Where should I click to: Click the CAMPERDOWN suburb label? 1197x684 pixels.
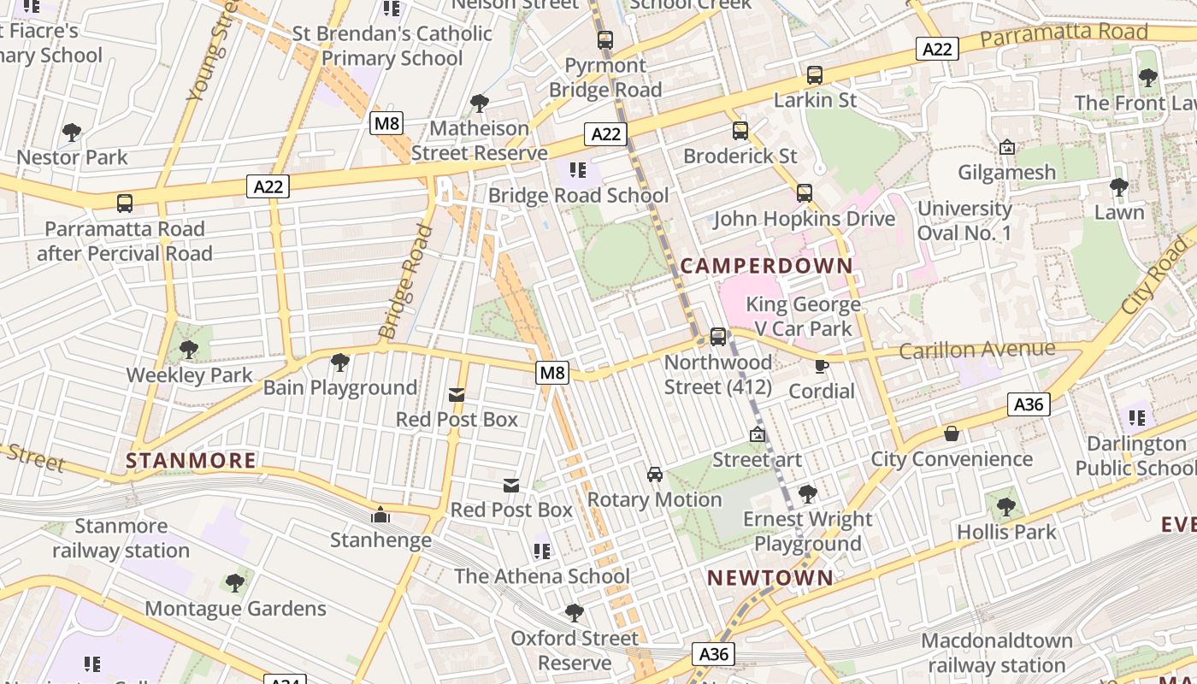pos(767,265)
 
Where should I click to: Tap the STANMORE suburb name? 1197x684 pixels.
pos(191,461)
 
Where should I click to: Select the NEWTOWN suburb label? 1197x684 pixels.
pos(770,578)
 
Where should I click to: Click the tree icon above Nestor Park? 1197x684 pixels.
pos(72,133)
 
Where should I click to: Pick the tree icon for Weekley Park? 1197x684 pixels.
pos(189,350)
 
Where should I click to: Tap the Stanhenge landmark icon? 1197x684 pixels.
pos(380,515)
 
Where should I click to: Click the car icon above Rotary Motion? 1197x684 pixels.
pos(655,474)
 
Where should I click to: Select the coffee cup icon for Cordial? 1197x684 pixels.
pos(822,366)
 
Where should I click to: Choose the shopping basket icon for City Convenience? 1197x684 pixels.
pos(952,434)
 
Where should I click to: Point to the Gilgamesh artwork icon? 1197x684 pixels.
pos(1007,147)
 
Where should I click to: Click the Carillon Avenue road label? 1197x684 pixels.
pos(977,350)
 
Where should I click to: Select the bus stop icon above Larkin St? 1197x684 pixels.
pos(815,75)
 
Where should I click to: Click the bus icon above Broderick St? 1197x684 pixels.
pos(740,131)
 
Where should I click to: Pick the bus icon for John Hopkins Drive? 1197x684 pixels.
pos(805,193)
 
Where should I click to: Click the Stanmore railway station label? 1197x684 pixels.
pos(121,538)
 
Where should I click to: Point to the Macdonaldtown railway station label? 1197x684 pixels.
pos(997,652)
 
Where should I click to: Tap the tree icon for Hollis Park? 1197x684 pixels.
pos(1006,506)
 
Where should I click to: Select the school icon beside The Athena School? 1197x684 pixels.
pos(542,551)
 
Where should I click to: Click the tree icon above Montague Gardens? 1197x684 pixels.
pos(235,583)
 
